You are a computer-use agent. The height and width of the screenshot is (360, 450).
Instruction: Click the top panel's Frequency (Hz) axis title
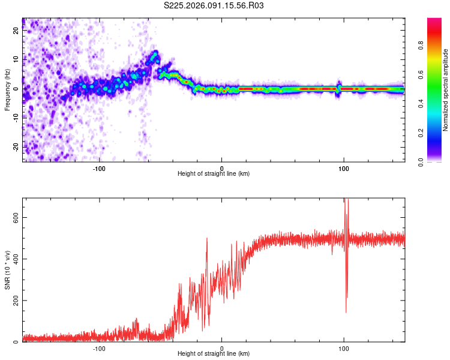(7, 91)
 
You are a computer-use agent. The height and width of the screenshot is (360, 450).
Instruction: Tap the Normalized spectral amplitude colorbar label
(445, 91)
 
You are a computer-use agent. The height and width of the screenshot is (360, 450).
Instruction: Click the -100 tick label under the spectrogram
(100, 167)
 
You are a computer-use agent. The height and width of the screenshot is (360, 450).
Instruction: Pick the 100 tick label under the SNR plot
(344, 347)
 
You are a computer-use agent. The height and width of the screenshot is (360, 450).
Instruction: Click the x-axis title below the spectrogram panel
(214, 173)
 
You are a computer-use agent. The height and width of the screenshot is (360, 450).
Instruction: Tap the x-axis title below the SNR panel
(214, 353)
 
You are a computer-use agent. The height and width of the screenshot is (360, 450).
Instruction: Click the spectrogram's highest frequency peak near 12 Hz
(155, 53)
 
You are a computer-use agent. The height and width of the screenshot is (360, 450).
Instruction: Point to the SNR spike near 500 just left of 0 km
(207, 239)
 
